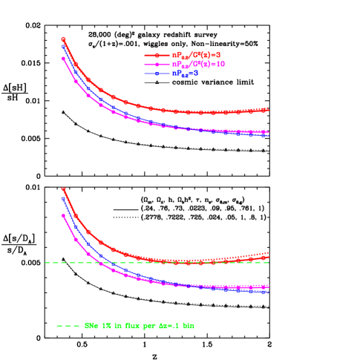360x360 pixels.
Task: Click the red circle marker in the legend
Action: [x=157, y=55]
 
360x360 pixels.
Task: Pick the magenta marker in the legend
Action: [x=157, y=65]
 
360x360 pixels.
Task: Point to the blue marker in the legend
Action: [x=157, y=73]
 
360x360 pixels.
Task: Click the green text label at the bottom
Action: [x=140, y=326]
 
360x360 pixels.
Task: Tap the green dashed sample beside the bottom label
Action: [x=68, y=326]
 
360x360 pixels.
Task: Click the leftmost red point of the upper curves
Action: [x=63, y=39]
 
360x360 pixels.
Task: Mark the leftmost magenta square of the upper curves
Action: [x=63, y=58]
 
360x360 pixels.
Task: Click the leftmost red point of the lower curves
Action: [x=63, y=189]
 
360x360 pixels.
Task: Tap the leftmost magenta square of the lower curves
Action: [x=63, y=215]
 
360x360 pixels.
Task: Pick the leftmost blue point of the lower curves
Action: [x=63, y=198]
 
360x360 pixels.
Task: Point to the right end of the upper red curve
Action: [x=267, y=109]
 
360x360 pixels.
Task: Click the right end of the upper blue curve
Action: [x=267, y=135]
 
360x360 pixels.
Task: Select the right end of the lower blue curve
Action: [x=267, y=291]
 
